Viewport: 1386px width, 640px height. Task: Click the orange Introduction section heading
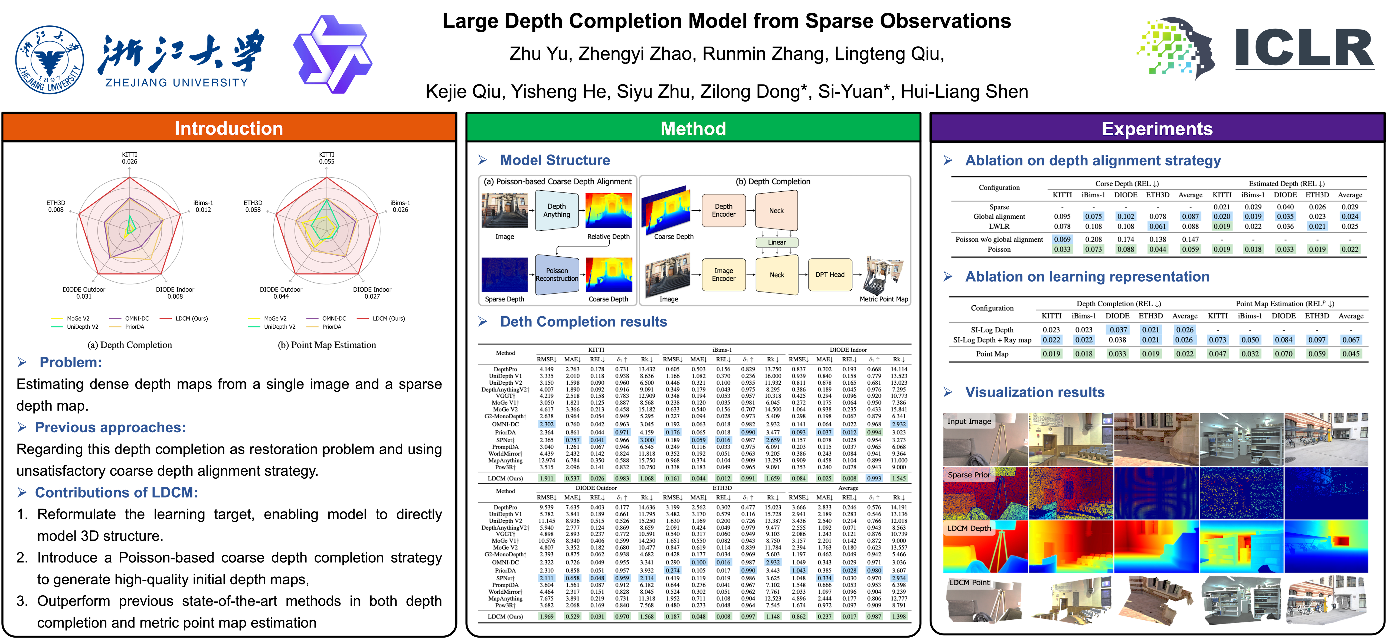tap(229, 128)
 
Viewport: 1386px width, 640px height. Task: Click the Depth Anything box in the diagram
tap(556, 210)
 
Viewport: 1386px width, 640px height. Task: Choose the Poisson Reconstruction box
tap(557, 275)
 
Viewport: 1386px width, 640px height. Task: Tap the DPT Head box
tap(830, 275)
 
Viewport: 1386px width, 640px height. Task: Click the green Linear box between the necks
tap(776, 242)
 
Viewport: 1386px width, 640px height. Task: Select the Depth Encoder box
tap(724, 210)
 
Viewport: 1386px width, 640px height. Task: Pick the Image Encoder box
tap(724, 275)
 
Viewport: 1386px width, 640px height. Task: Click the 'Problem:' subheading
tap(70, 362)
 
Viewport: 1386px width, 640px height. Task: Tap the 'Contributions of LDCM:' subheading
tap(116, 492)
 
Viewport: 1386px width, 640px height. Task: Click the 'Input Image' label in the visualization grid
tap(969, 422)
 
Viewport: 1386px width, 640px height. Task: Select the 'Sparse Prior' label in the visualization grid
tap(969, 475)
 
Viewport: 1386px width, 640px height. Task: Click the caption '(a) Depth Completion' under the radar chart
tap(130, 345)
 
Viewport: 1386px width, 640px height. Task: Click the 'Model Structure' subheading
tap(555, 160)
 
